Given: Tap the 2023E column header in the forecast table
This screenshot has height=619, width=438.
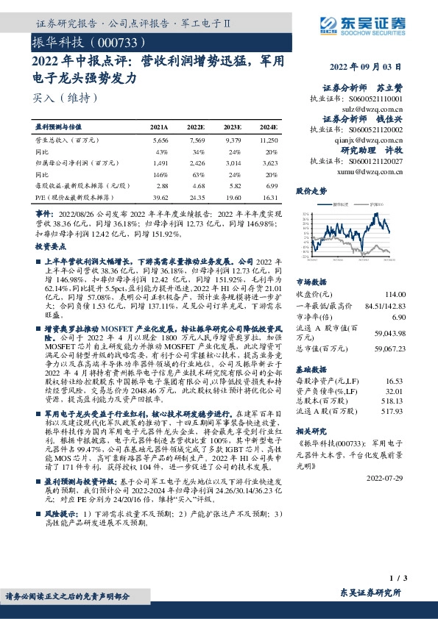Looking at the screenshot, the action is point(233,126).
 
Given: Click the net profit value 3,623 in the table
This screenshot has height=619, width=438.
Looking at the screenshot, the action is point(268,163).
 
